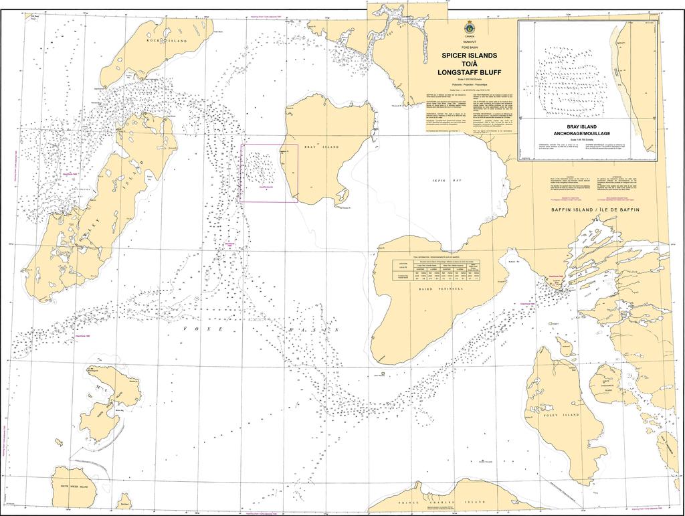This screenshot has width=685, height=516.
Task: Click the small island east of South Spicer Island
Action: coord(123,501)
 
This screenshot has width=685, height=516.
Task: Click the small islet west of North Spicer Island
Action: coord(59,442)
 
